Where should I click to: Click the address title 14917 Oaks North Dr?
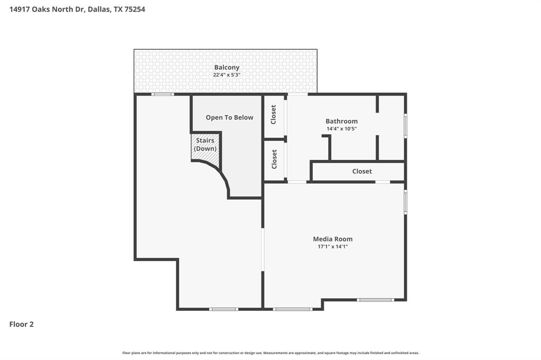click(77, 9)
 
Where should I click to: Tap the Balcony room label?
click(227, 68)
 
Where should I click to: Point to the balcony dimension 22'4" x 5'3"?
click(227, 75)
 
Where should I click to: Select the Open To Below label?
click(229, 118)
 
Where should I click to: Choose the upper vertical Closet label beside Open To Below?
click(274, 115)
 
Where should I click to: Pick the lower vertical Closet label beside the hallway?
click(274, 159)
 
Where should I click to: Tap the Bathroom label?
click(341, 121)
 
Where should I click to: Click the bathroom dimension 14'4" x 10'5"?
click(341, 129)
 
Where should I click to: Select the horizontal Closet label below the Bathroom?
click(362, 172)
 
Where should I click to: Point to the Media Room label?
click(332, 239)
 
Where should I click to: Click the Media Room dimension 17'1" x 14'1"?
click(332, 247)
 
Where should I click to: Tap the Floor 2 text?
click(22, 325)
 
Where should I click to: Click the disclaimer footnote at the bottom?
click(270, 353)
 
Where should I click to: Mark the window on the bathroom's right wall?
click(405, 126)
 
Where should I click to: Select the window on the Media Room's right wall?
click(405, 202)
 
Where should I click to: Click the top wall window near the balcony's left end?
click(162, 94)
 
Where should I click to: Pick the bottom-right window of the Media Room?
click(375, 300)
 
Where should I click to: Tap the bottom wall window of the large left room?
click(223, 309)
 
